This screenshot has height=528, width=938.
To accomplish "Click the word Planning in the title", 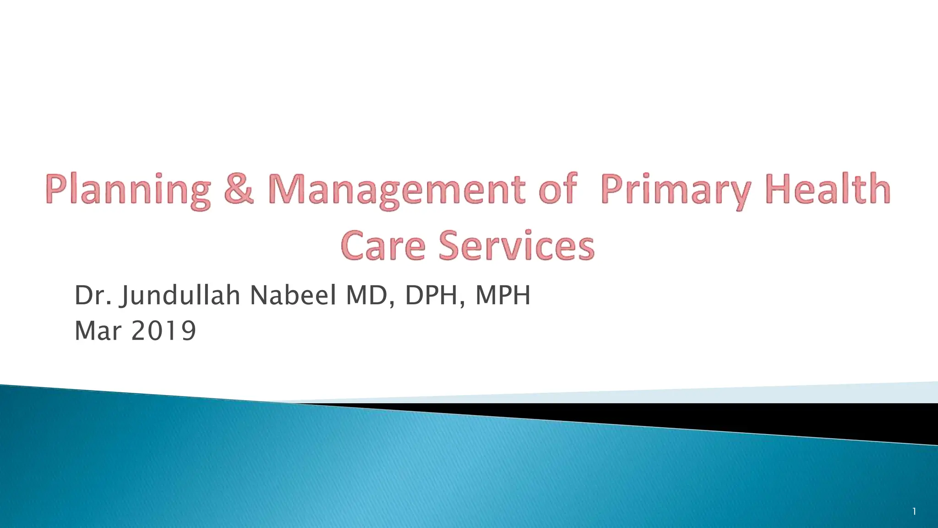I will pos(128,190).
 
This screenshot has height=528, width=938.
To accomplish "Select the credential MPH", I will pos(503,295).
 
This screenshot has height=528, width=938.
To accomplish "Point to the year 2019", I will pos(164,331).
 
